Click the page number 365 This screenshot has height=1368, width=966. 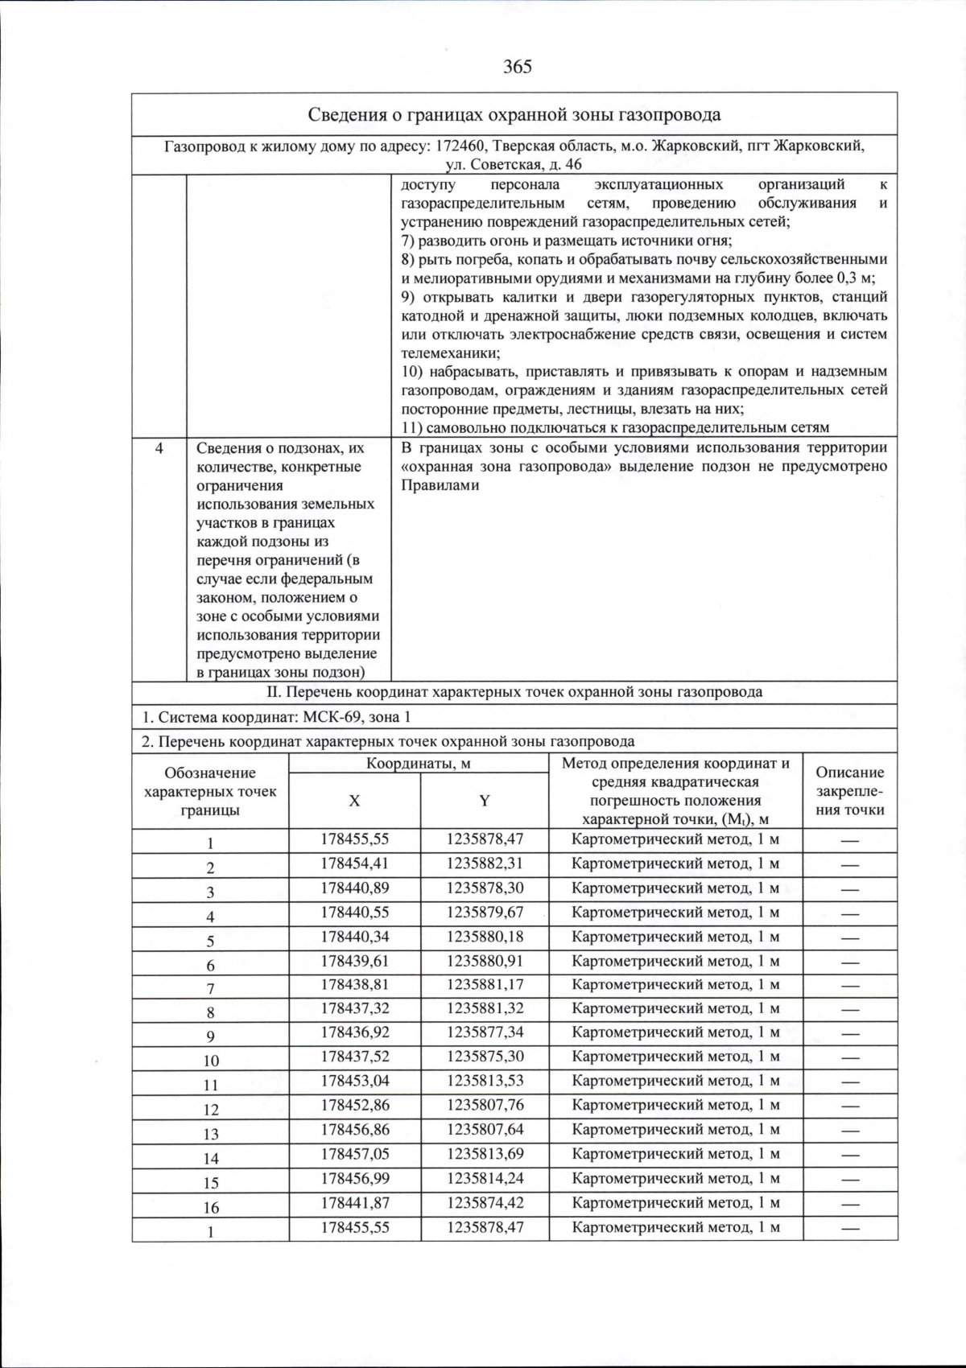coord(517,67)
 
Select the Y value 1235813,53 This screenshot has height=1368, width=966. coord(485,1080)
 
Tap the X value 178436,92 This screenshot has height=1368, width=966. coord(354,1032)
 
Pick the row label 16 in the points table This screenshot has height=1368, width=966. coord(211,1207)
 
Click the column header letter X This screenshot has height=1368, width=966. coord(354,801)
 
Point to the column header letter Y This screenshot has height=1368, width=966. coord(485,801)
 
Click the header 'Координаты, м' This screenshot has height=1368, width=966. coord(419,763)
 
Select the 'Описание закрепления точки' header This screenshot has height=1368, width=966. coord(849,791)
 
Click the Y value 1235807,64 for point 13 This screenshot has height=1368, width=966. coord(485,1129)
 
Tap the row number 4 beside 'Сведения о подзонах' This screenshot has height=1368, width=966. coord(159,449)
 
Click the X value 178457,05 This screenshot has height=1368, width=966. coord(354,1153)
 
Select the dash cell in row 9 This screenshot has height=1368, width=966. coord(849,1032)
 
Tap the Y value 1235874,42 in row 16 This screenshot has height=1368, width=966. coord(485,1202)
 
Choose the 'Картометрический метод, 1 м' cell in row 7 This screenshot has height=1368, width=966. coord(675,984)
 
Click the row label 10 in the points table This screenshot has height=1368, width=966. coord(211,1061)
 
